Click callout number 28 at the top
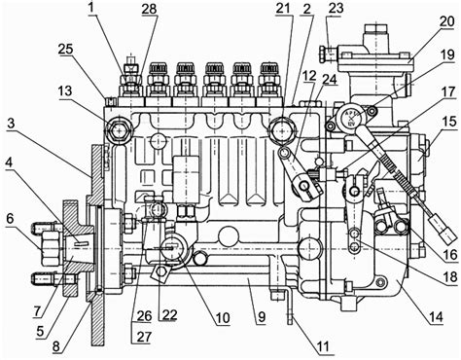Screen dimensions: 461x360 point(150,9)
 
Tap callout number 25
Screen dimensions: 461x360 point(66,50)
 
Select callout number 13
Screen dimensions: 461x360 point(66,91)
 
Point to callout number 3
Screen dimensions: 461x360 point(11,124)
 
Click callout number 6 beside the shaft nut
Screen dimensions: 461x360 point(11,218)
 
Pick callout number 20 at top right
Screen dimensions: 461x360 point(447,21)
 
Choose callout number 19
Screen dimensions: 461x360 point(447,54)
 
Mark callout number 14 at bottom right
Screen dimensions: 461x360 point(436,316)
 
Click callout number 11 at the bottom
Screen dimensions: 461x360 point(322,346)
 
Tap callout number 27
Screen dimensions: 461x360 point(144,337)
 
